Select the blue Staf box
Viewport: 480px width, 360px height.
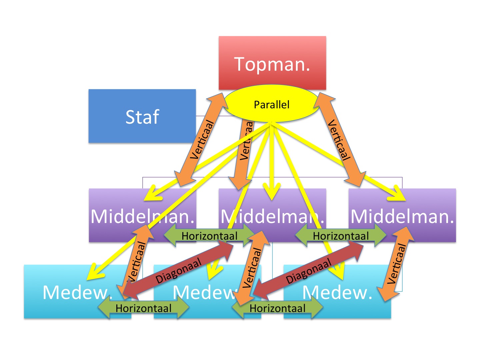click(142, 116)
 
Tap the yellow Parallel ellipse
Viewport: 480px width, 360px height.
click(271, 104)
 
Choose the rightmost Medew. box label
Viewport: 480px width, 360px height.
click(337, 292)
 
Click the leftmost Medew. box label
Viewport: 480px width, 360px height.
click(76, 292)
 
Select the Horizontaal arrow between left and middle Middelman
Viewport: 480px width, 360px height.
click(209, 236)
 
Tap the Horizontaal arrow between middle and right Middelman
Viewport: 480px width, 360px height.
click(341, 236)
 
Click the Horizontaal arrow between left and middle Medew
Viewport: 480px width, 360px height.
click(143, 308)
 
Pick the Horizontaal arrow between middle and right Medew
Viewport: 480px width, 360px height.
click(277, 308)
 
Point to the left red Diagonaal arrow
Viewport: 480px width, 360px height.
click(178, 271)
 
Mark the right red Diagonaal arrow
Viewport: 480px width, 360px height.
click(309, 271)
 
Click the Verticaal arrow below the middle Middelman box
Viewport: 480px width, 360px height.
click(252, 268)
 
